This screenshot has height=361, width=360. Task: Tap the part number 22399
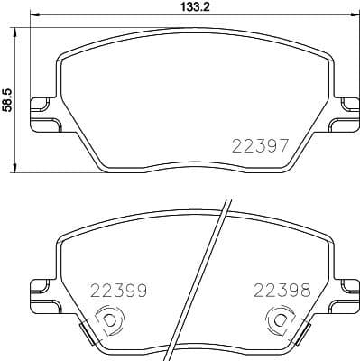[119, 291]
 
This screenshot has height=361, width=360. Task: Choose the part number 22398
[282, 291]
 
